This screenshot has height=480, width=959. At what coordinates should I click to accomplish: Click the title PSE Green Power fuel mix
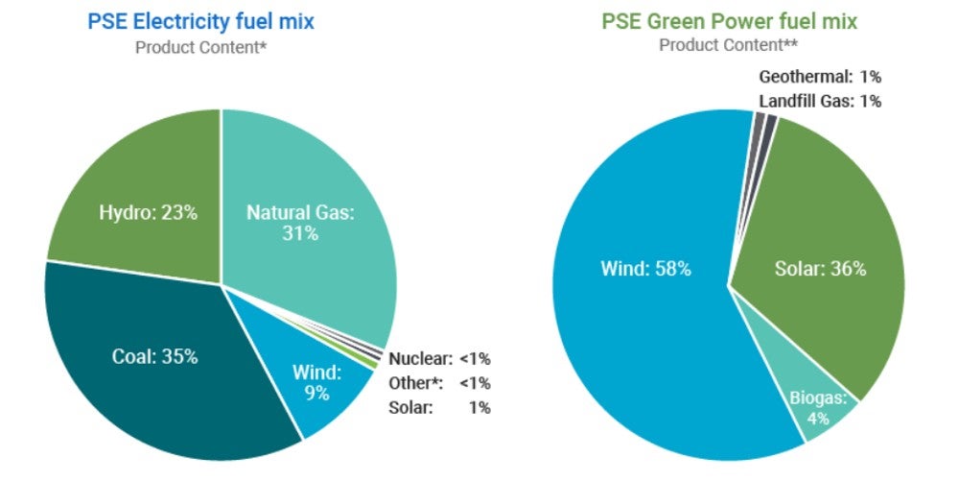point(729,20)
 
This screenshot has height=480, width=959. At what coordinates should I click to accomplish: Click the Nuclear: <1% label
point(439,359)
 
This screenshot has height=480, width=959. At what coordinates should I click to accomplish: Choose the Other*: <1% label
point(439,383)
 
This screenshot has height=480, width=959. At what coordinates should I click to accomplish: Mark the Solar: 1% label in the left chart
point(439,407)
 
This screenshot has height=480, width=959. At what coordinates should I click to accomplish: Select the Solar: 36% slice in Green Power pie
point(820,269)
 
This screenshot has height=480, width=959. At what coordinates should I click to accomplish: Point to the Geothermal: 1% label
point(819,77)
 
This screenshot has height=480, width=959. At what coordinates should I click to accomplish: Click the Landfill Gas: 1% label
point(819,101)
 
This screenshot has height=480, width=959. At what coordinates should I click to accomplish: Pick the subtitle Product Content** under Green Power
point(729,45)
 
